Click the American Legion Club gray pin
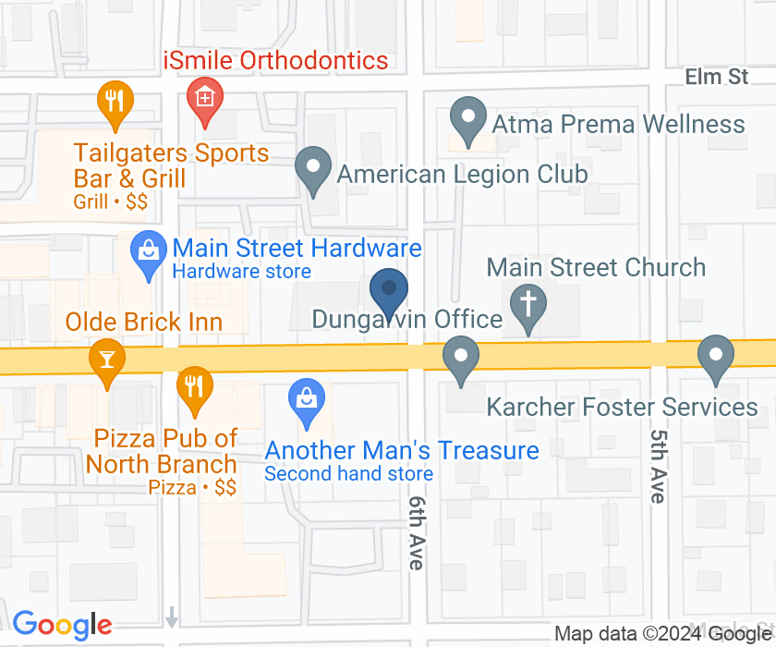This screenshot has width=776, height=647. pyautogui.click(x=313, y=170)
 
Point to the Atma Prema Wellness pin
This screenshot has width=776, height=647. pyautogui.click(x=467, y=120)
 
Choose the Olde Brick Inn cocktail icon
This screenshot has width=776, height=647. pyautogui.click(x=107, y=359)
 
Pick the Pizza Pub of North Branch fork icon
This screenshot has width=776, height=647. pyautogui.click(x=193, y=386)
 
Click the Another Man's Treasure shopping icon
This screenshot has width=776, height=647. pyautogui.click(x=306, y=400)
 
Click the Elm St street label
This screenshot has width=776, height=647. pyautogui.click(x=717, y=77)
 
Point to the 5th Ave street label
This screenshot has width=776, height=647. pyautogui.click(x=658, y=466)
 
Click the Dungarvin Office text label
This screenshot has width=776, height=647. pyautogui.click(x=406, y=320)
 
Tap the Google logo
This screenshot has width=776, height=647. pyautogui.click(x=62, y=626)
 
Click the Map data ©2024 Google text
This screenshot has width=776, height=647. pyautogui.click(x=662, y=633)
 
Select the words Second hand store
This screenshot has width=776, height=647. pyautogui.click(x=348, y=474)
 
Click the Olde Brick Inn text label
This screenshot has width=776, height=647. pyautogui.click(x=144, y=322)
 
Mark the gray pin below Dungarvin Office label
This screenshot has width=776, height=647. pyautogui.click(x=459, y=357)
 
